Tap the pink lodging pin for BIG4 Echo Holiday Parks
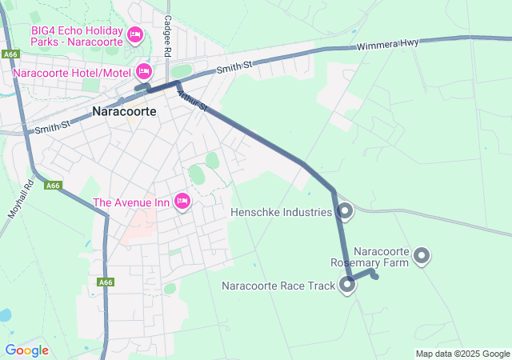point(134,35)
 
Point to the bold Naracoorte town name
point(124,112)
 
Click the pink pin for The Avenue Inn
point(182,201)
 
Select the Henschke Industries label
point(281,213)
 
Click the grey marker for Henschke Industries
point(346,211)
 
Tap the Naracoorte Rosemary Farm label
point(370,256)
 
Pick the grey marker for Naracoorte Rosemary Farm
point(422,256)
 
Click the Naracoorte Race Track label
point(278,286)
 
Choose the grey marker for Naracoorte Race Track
point(348,284)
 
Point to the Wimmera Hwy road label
point(388,46)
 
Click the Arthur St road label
point(192,100)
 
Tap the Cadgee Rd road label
point(168,36)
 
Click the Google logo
point(26,350)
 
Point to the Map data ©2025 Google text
point(462,354)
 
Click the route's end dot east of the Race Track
point(375,278)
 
